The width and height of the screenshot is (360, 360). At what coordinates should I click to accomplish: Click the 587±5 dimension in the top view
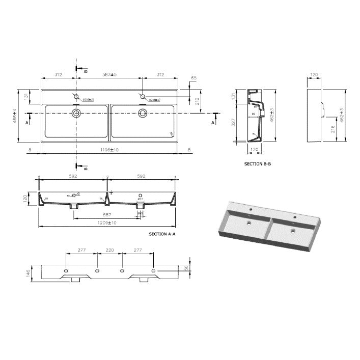pyautogui.click(x=108, y=75)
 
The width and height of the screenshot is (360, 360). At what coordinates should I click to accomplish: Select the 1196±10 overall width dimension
pyautogui.click(x=109, y=150)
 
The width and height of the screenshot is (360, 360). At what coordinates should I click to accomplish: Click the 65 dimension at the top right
pyautogui.click(x=193, y=78)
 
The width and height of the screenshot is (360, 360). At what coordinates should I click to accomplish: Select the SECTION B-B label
pyautogui.click(x=257, y=164)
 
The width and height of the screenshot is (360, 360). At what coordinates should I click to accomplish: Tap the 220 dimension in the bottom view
pyautogui.click(x=109, y=251)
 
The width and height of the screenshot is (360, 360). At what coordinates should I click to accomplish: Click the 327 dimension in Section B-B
pyautogui.click(x=233, y=122)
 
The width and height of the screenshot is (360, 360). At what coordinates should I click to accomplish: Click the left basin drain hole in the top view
pyautogui.click(x=76, y=113)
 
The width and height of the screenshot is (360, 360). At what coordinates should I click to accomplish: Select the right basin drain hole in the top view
pyautogui.click(x=142, y=113)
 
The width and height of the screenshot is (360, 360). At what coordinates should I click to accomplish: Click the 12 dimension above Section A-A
pyautogui.click(x=107, y=177)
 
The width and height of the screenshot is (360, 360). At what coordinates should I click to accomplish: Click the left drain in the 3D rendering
pyautogui.click(x=248, y=223)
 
